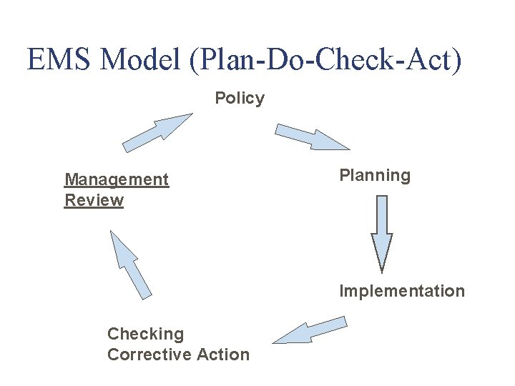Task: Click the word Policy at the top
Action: pos(240,98)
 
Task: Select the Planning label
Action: pos(375,176)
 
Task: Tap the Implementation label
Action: pos(401,291)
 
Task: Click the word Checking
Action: pos(145,334)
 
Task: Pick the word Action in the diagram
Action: pos(226,355)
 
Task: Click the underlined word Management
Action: pos(117,179)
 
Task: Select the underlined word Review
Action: pos(94,200)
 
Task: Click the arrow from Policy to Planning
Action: pos(312,137)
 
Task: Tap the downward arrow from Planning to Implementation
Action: pos(382,232)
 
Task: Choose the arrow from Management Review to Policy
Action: pos(156,134)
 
